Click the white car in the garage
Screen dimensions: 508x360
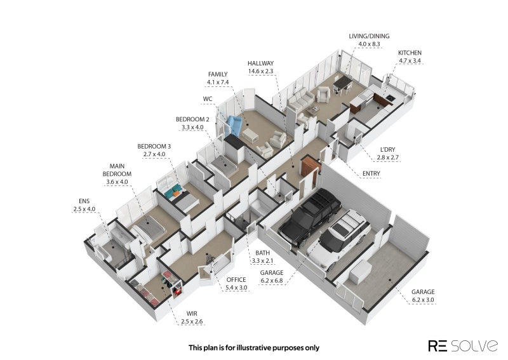click(x=339, y=239)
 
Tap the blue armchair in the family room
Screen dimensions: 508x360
click(x=234, y=126)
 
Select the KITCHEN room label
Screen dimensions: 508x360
click(x=410, y=53)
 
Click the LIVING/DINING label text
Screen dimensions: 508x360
click(x=369, y=36)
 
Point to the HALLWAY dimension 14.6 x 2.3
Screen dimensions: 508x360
click(x=260, y=71)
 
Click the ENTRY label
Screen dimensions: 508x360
click(x=371, y=174)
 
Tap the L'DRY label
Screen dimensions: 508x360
click(x=387, y=150)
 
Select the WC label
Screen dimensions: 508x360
click(x=208, y=99)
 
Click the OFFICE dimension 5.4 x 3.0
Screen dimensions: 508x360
click(x=236, y=288)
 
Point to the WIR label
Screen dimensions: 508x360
click(x=192, y=314)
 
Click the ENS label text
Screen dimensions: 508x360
click(x=84, y=201)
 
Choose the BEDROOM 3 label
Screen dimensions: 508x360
click(x=154, y=147)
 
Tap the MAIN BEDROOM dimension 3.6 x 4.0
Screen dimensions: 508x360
click(x=117, y=182)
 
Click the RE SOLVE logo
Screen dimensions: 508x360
click(x=463, y=346)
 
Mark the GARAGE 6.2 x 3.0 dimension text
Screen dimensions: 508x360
click(x=423, y=300)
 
